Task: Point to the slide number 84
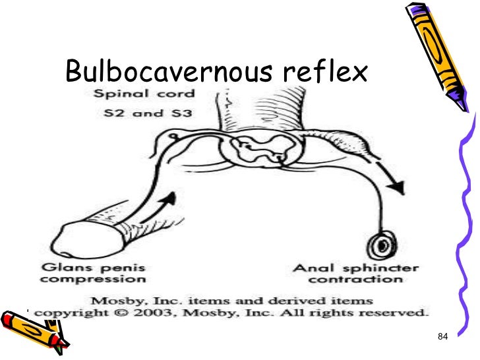(x=442, y=338)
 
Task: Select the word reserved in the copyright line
(x=395, y=310)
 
